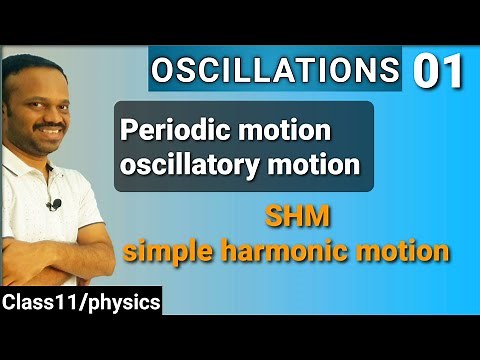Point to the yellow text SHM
290,216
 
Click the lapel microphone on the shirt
55,205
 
